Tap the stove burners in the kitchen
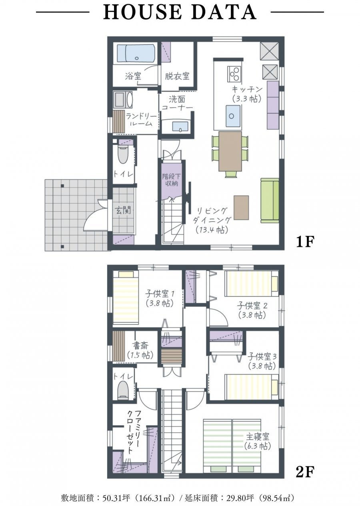234,74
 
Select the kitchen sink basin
232,116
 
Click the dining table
230,151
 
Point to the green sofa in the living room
270,200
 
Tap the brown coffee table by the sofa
241,208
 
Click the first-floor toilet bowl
123,155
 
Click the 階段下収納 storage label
172,179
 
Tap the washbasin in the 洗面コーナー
180,127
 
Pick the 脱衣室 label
177,76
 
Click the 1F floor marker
305,242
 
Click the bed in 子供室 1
126,296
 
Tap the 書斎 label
140,346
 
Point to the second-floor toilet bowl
123,389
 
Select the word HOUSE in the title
142,12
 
